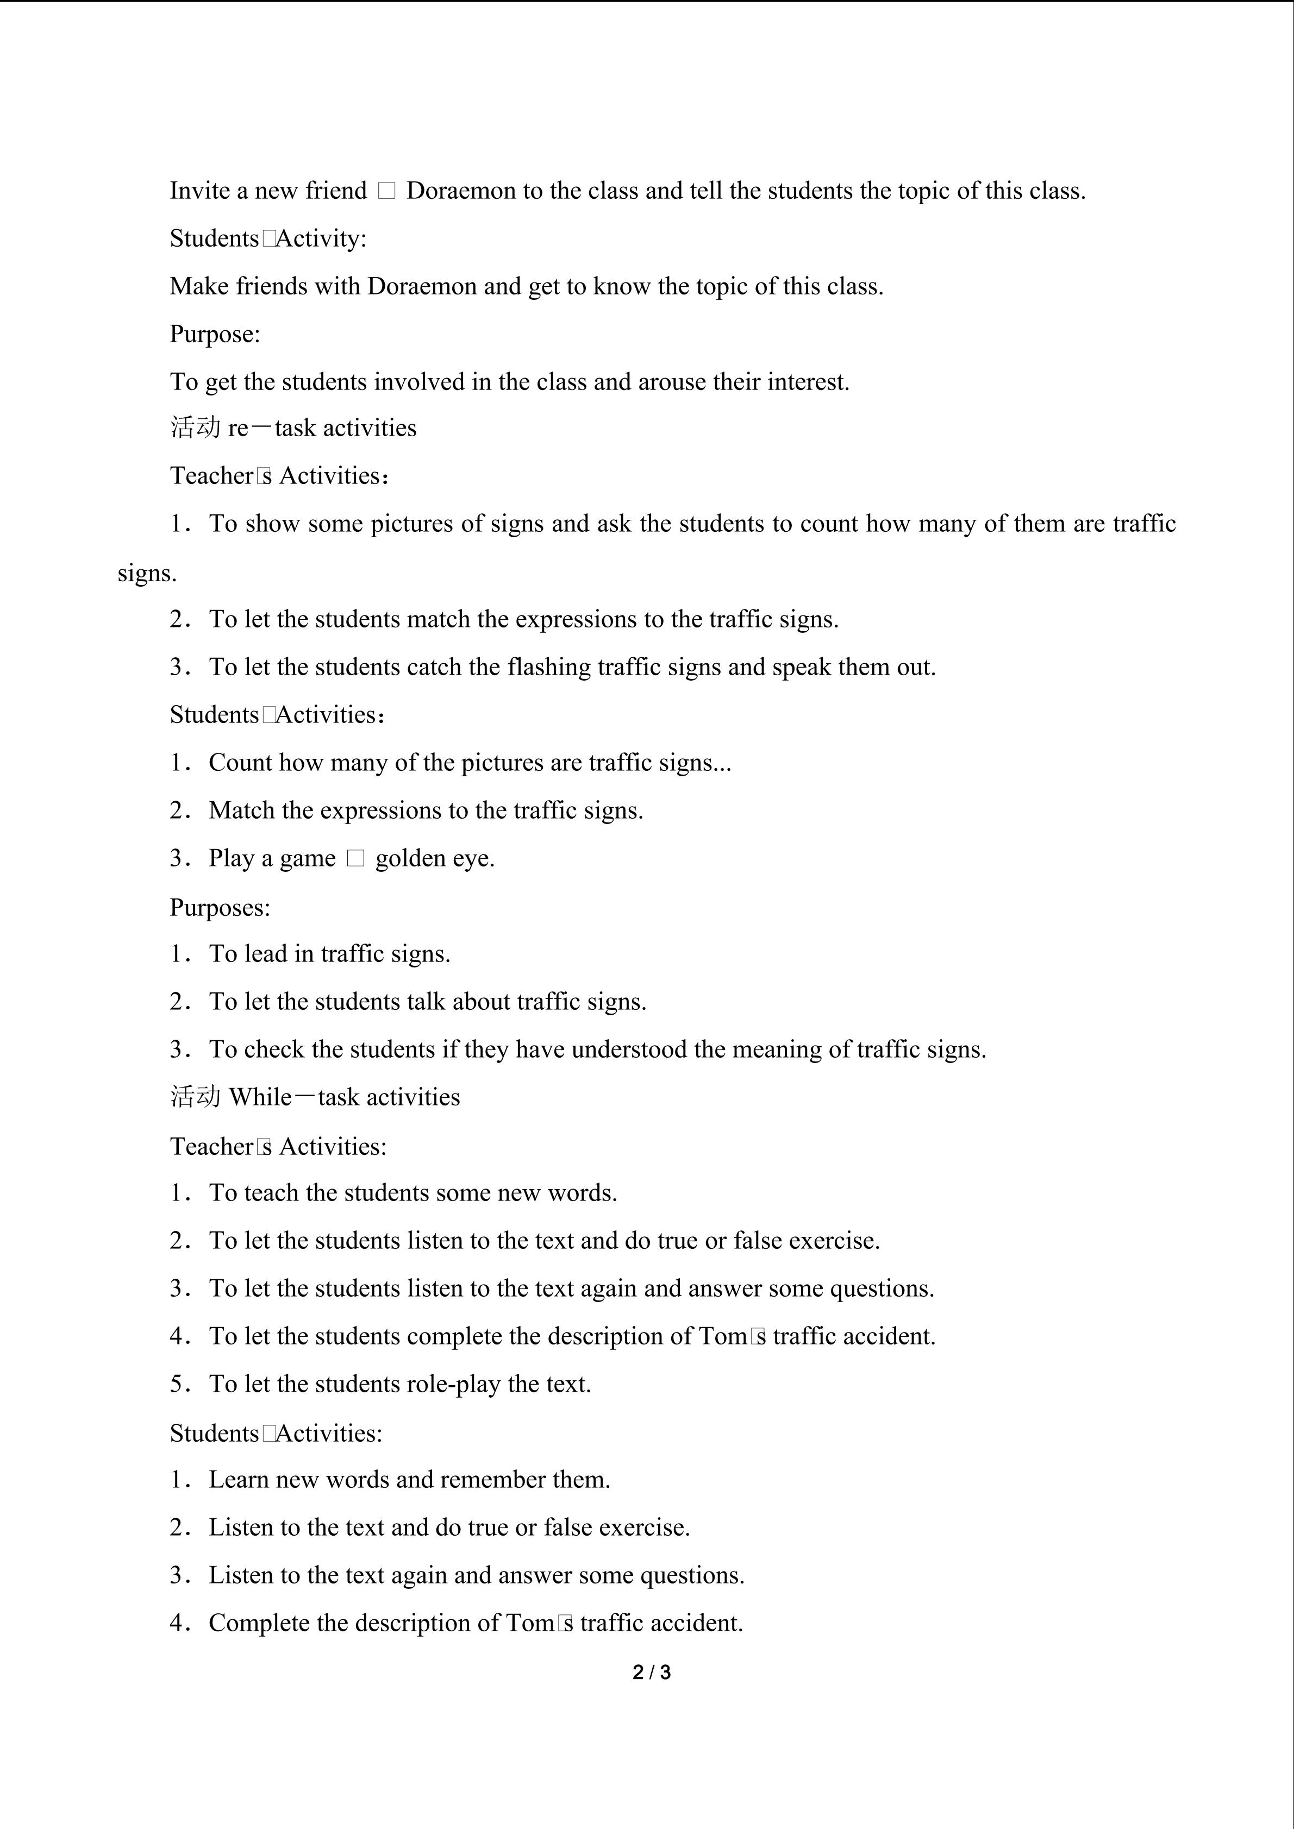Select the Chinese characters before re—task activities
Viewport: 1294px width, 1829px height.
pyautogui.click(x=195, y=428)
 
